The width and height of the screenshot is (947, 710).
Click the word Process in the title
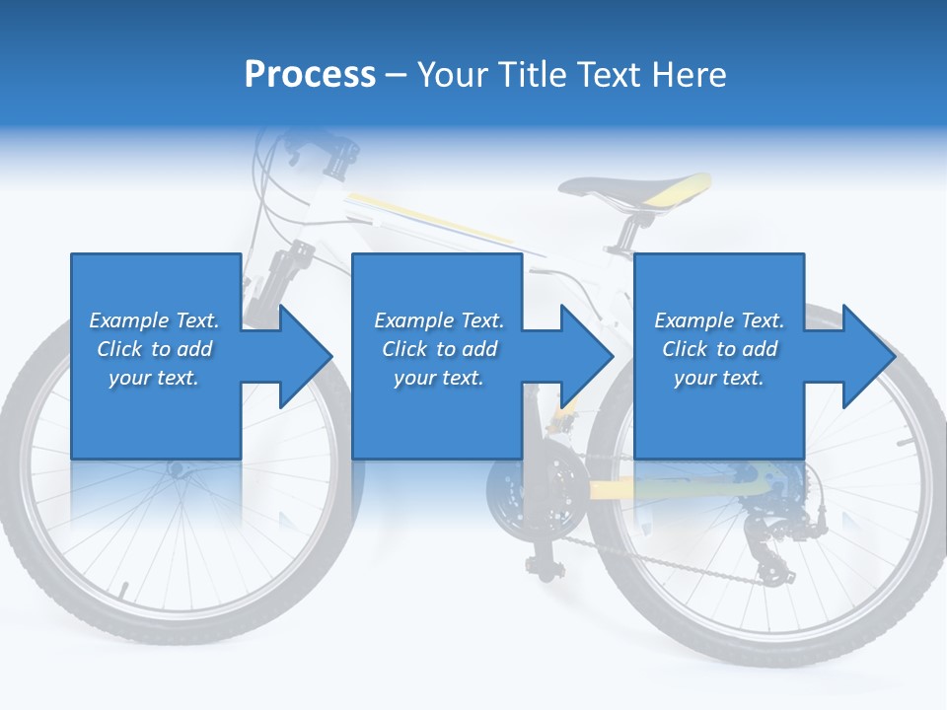pyautogui.click(x=310, y=75)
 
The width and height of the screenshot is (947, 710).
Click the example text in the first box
pyautogui.click(x=154, y=349)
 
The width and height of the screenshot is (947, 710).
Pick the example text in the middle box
pyautogui.click(x=438, y=349)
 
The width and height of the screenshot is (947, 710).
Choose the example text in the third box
pyautogui.click(x=718, y=349)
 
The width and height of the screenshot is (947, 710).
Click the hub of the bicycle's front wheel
pyautogui.click(x=177, y=470)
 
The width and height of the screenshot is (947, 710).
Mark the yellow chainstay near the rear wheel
pyautogui.click(x=671, y=487)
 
